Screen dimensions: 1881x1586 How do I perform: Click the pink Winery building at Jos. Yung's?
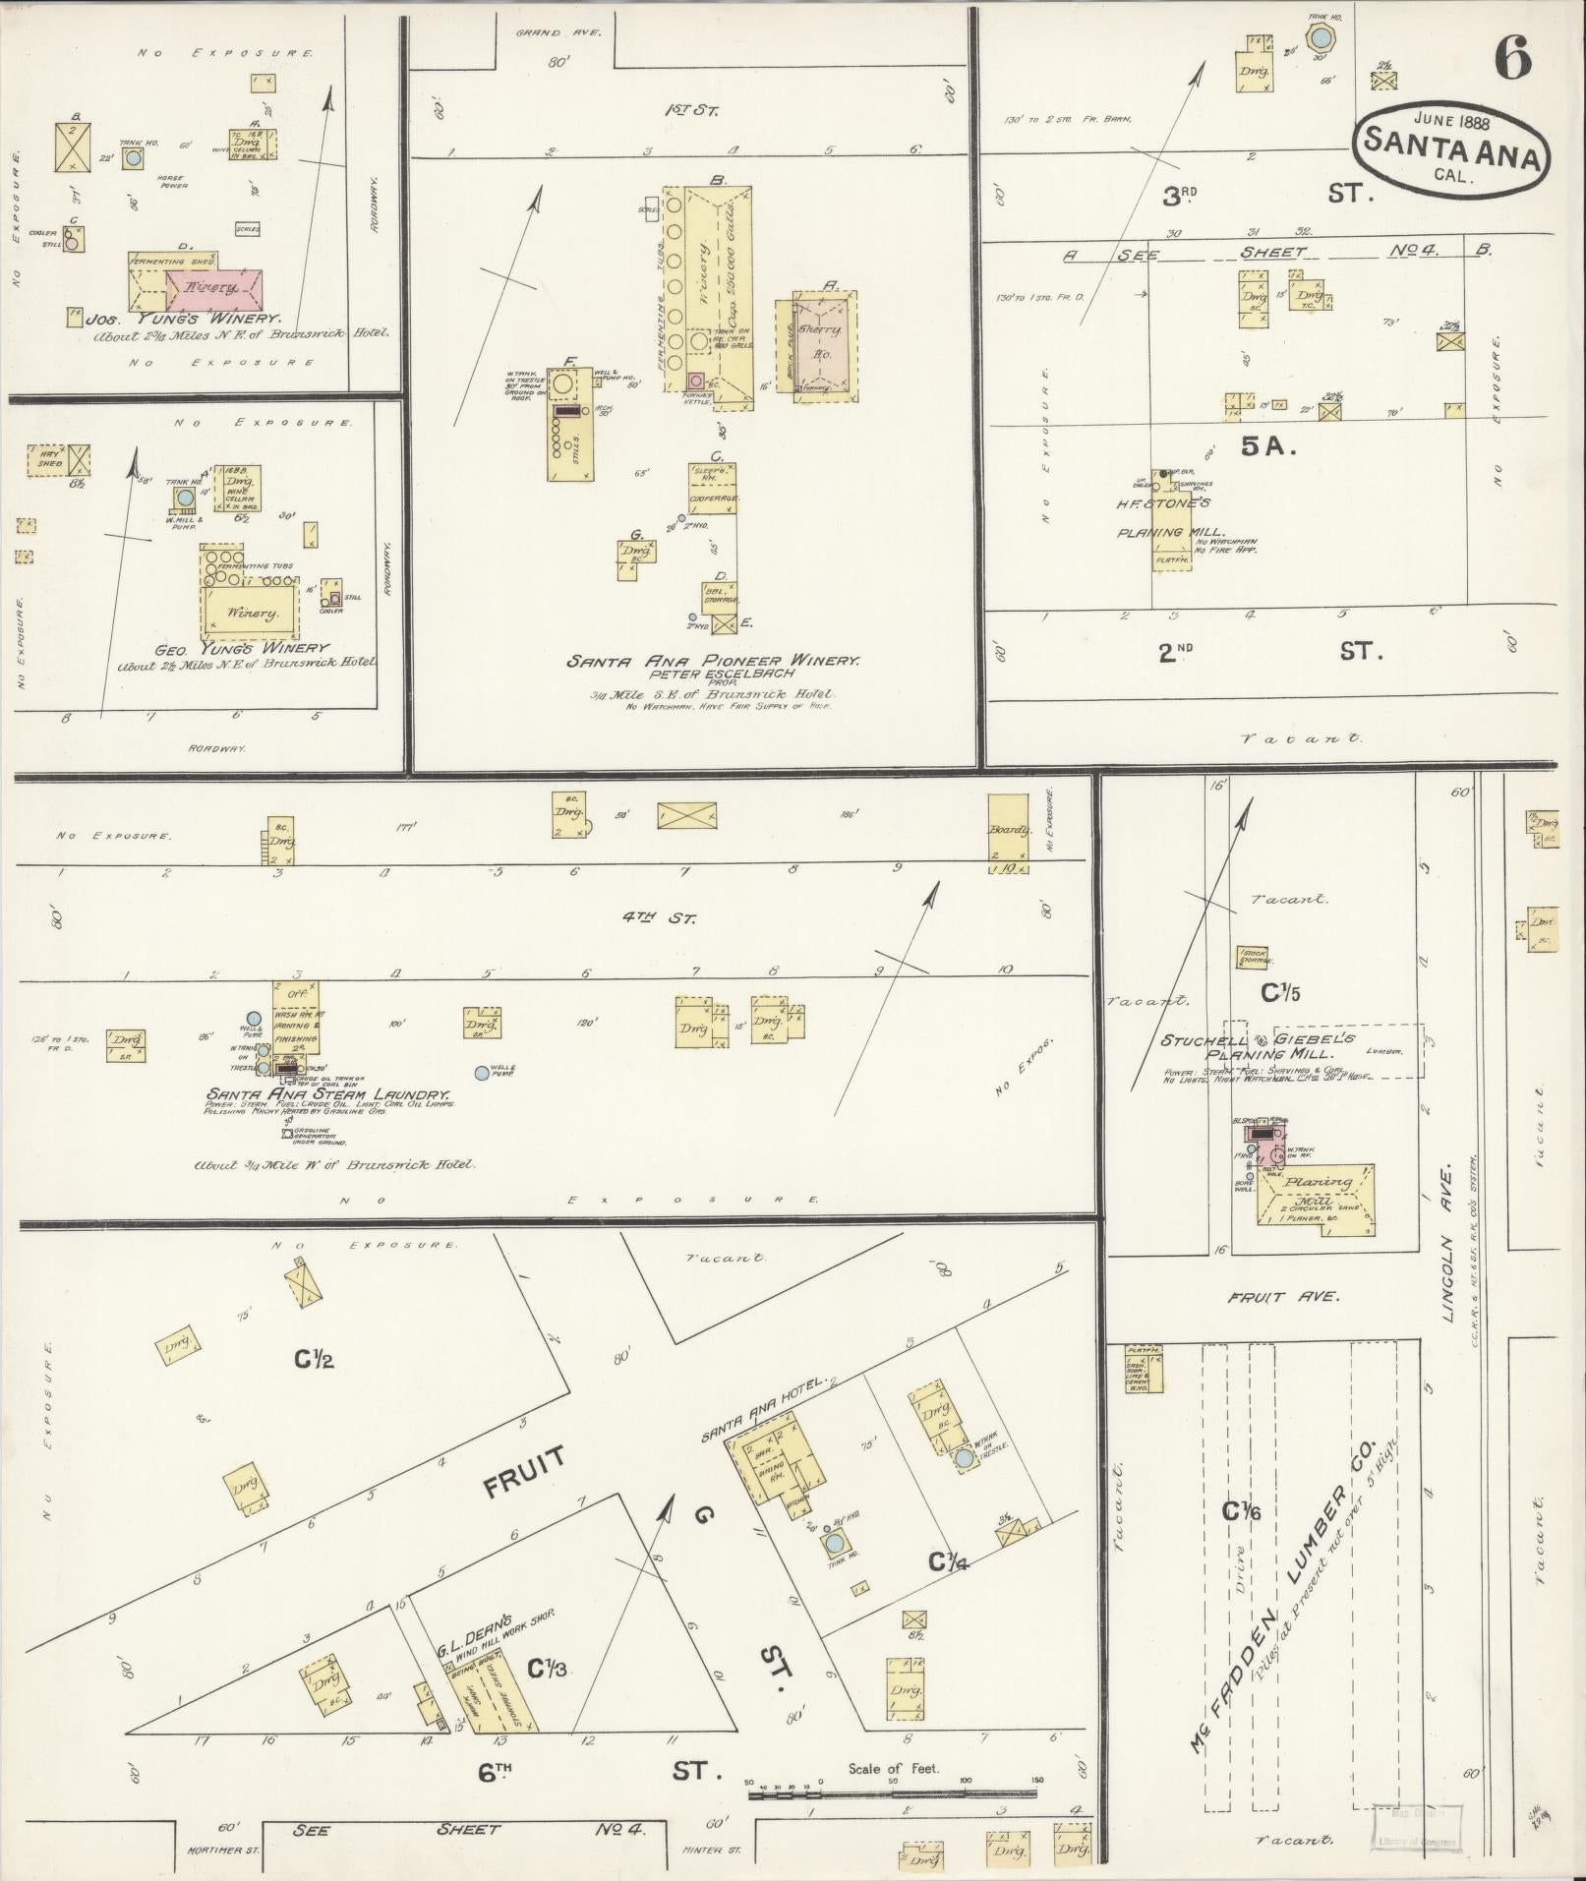(214, 288)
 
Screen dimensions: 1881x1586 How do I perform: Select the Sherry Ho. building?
(823, 340)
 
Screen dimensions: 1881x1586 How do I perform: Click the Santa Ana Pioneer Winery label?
(713, 662)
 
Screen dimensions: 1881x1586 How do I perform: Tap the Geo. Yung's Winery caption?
(242, 648)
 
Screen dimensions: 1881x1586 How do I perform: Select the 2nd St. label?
(1268, 652)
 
